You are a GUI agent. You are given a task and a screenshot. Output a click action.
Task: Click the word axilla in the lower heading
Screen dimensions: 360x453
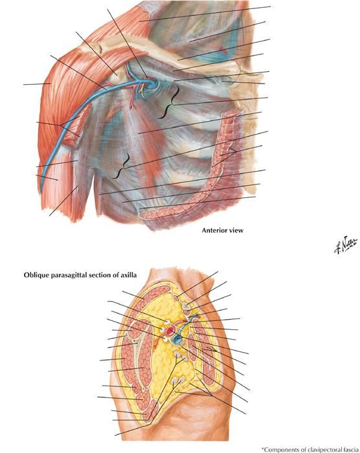click(x=129, y=275)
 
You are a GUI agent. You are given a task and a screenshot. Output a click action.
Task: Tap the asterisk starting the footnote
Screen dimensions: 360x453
click(x=263, y=448)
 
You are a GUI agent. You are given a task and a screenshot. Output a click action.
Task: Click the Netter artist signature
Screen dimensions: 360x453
click(x=346, y=246)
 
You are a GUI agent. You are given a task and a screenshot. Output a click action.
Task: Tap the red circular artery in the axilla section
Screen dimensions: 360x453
click(x=170, y=331)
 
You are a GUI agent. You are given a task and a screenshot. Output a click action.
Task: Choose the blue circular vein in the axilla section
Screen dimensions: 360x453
click(x=177, y=340)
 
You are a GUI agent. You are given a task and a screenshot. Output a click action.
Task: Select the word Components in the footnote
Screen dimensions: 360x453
click(x=278, y=450)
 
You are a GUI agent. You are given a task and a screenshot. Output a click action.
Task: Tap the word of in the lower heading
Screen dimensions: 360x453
click(x=117, y=275)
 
